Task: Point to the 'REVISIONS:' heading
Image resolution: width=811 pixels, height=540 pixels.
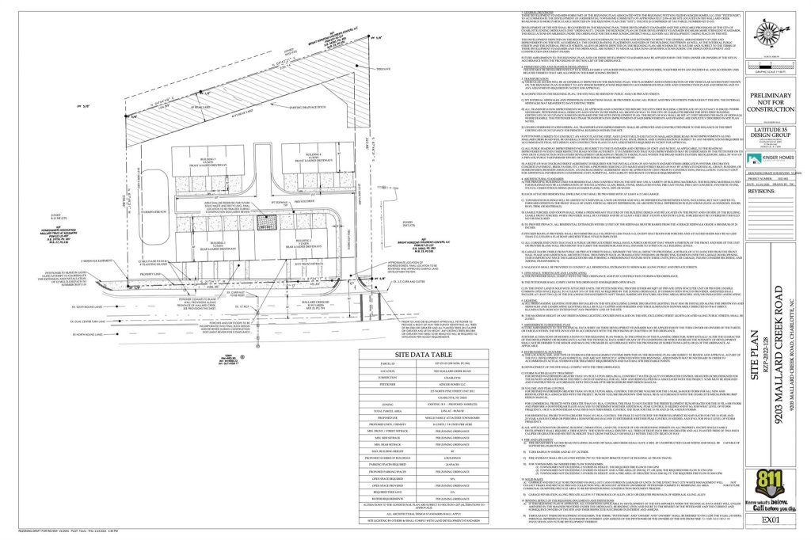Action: (x=741, y=212)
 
